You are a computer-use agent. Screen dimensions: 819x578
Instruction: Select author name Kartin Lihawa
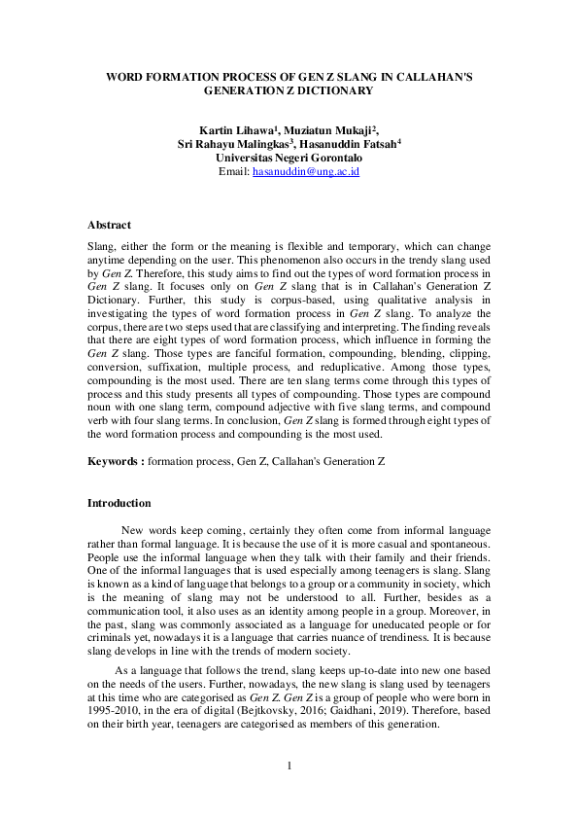[235, 130]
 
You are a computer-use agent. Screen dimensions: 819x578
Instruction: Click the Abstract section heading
[109, 225]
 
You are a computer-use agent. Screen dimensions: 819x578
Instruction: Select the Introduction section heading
[119, 504]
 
